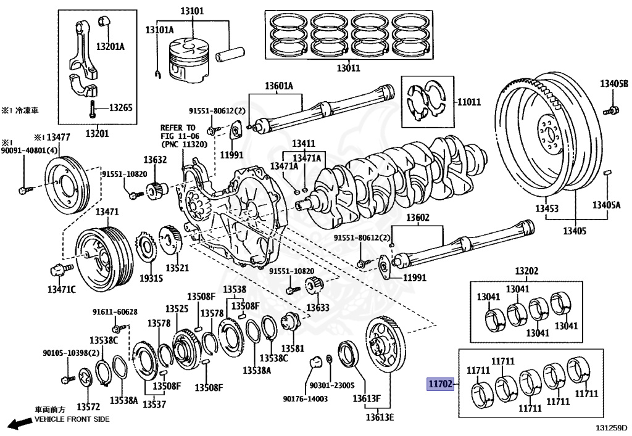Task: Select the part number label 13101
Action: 191,11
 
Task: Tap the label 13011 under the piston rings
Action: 347,68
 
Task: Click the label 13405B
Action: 613,84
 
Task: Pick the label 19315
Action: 151,278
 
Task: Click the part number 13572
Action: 88,407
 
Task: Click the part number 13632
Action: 156,160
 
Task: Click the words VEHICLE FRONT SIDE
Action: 72,419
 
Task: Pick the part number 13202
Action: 526,271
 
